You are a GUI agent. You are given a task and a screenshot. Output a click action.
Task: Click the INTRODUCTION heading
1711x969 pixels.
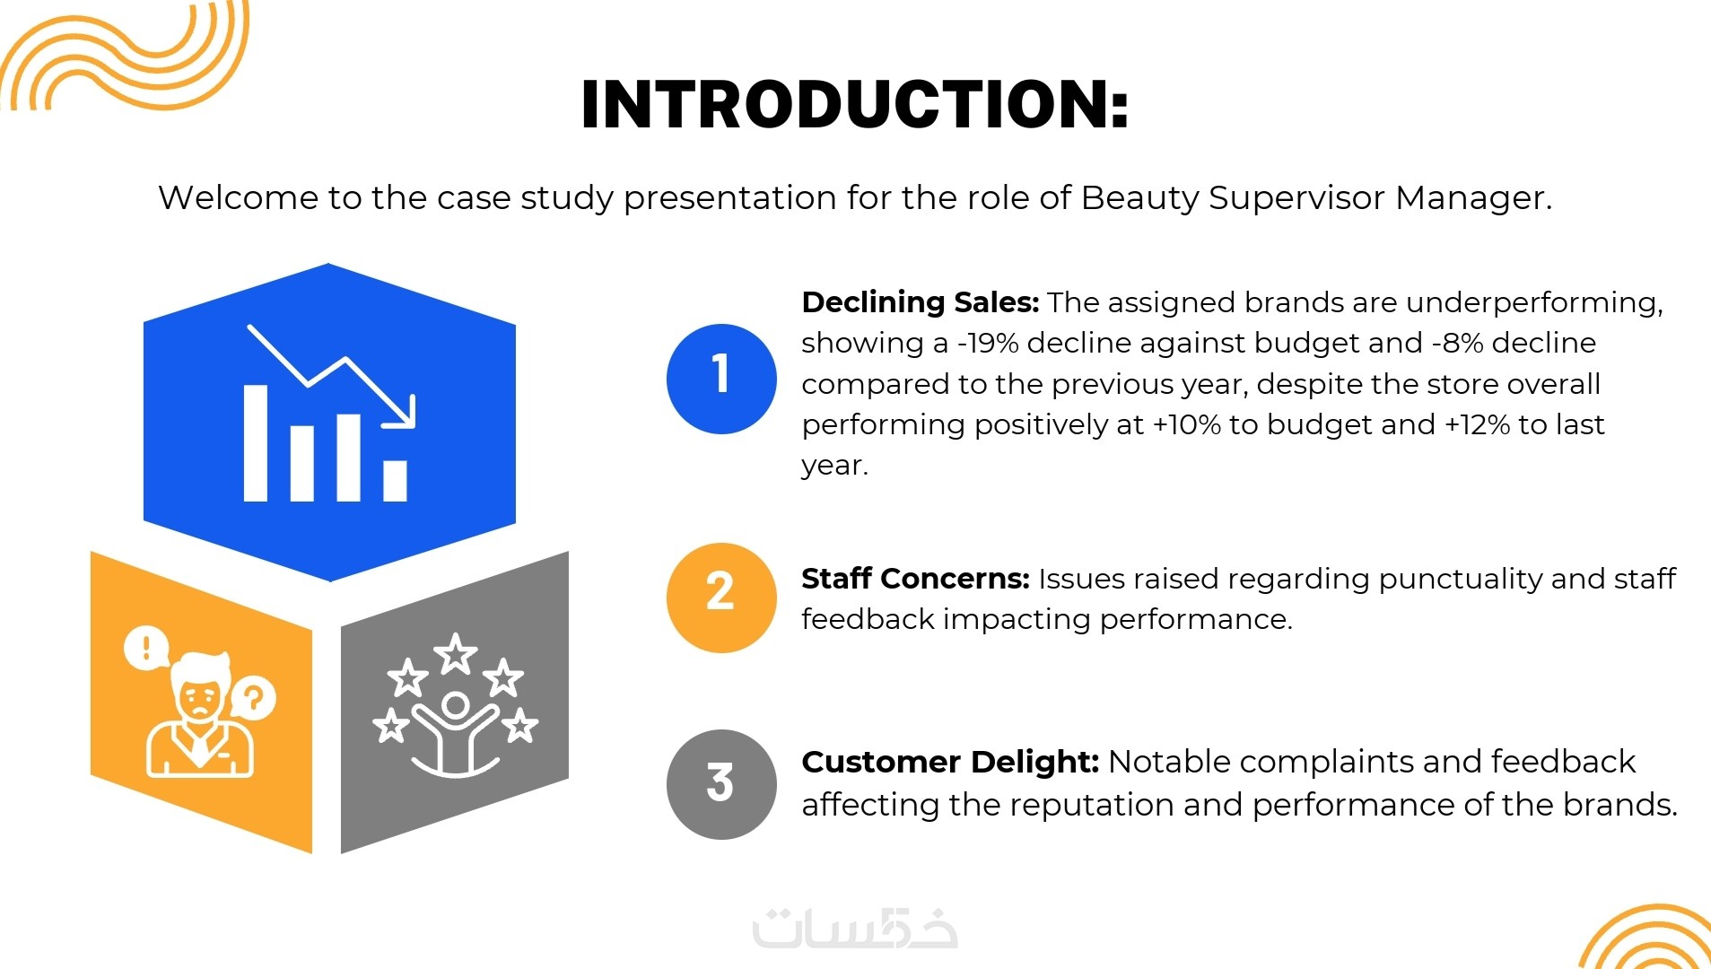tap(854, 105)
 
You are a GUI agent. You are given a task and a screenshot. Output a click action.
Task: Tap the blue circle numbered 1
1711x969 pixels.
tap(721, 379)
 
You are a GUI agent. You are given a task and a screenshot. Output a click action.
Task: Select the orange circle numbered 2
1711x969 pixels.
tap(721, 598)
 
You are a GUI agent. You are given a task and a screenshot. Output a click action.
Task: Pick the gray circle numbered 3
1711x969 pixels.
tap(721, 784)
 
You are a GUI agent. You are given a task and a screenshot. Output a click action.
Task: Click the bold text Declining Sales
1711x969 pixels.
tap(920, 302)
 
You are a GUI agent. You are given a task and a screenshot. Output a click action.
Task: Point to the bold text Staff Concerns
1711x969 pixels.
tap(915, 579)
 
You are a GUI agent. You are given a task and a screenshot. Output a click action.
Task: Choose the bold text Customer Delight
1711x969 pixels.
tap(950, 762)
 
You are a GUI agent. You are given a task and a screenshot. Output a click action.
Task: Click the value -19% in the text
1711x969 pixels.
tap(988, 343)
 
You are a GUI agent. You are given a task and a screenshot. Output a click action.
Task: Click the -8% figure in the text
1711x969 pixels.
tap(1457, 343)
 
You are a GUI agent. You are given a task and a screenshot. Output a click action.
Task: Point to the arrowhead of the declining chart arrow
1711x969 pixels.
tap(403, 415)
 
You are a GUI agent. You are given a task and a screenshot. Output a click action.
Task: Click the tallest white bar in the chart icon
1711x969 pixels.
tap(256, 442)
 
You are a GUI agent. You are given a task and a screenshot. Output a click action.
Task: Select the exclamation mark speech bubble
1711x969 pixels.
tap(146, 647)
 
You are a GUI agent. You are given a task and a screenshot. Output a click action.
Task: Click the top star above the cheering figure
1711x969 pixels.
tap(456, 653)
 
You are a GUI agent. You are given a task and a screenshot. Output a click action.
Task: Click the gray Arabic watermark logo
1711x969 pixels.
tap(855, 928)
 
